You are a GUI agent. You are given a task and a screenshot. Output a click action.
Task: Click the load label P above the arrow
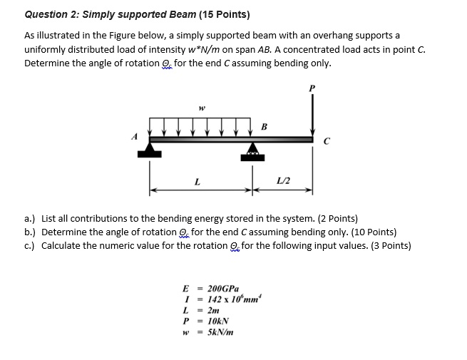pos(311,88)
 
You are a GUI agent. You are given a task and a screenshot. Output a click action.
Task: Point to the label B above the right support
pos(263,128)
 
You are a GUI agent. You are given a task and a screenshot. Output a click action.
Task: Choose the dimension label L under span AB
pos(197,183)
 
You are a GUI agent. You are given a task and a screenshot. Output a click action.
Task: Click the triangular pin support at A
pos(150,149)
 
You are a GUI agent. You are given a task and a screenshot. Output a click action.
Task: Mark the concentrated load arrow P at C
pos(312,114)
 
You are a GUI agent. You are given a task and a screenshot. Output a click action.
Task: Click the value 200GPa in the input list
pos(222,289)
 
